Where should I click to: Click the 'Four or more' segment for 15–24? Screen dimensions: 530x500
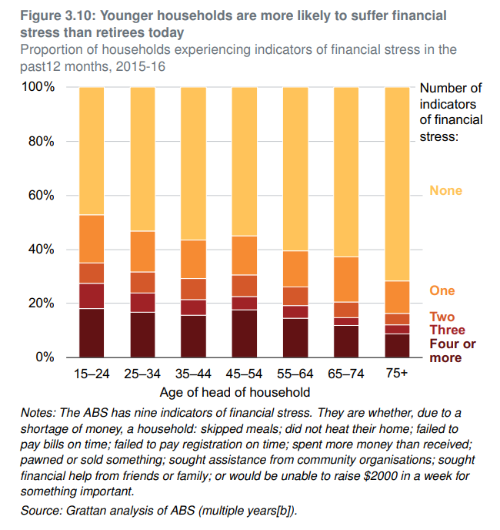coord(92,333)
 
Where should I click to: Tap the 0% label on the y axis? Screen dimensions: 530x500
coord(45,357)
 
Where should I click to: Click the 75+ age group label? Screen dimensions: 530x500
coord(396,374)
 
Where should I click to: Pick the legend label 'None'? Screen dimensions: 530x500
coord(446,190)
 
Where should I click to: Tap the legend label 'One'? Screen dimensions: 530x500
coord(442,290)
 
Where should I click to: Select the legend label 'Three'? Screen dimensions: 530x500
coord(448,330)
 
